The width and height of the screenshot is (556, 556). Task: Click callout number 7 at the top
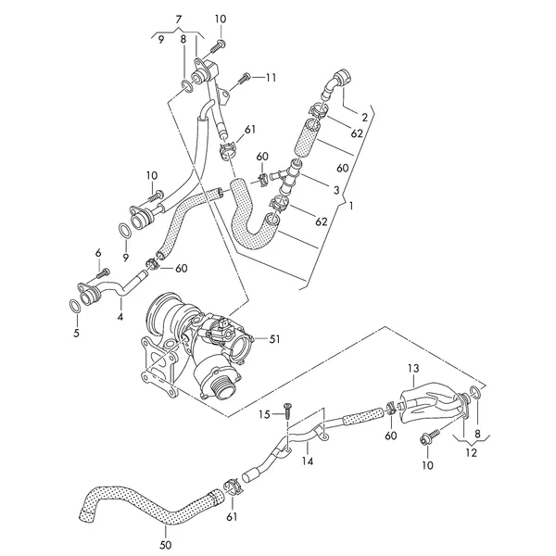coord(181,19)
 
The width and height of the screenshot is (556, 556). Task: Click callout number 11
coord(271,77)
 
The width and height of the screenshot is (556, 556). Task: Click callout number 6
coord(97,253)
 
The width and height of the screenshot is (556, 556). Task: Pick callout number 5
coord(78,332)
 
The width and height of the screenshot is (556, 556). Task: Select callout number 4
coord(120,317)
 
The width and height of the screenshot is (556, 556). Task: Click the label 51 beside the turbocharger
coord(274,338)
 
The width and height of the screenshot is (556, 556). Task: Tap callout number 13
coord(412,369)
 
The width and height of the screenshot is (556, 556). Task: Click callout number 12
coord(473,453)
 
